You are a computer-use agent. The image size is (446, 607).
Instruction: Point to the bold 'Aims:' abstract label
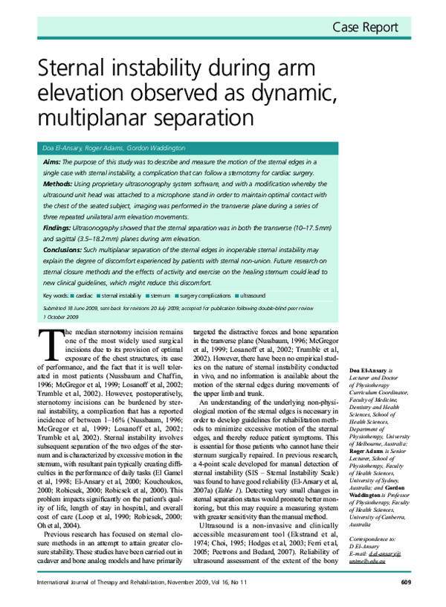tap(52, 161)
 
